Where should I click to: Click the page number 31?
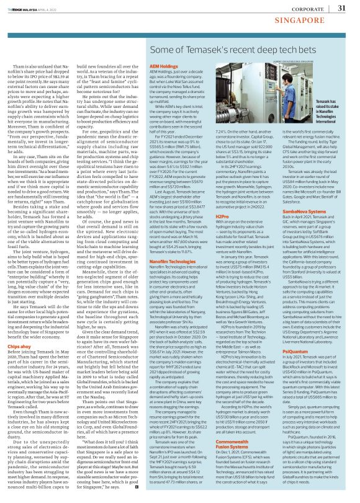click(341, 8)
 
